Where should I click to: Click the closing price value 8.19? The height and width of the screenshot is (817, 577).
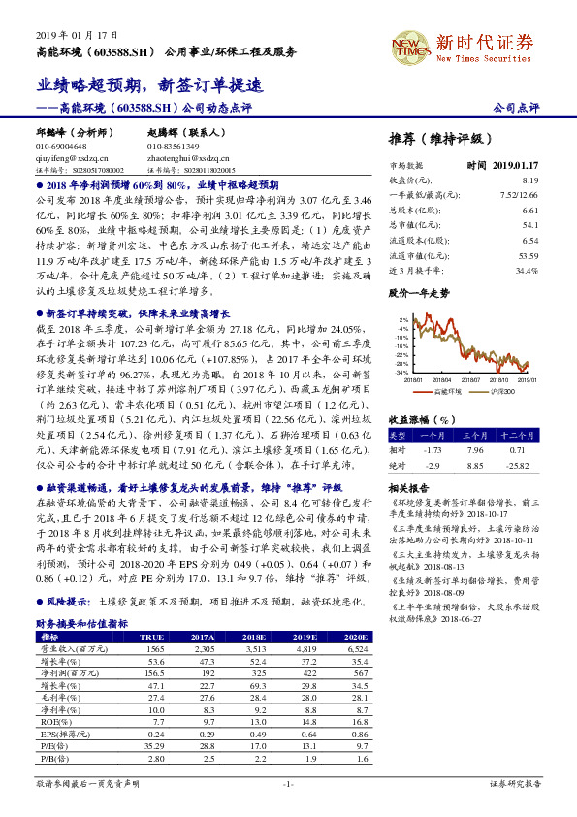click(529, 180)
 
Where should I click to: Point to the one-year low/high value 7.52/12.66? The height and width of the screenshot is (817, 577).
click(519, 194)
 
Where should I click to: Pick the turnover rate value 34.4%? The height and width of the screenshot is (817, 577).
click(527, 269)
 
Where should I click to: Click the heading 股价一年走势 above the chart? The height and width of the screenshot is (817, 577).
click(419, 291)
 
